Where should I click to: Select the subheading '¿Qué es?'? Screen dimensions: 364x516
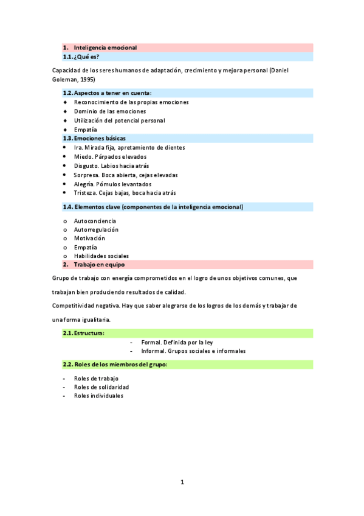pos(86,57)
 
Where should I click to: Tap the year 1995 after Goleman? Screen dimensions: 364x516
pos(87,80)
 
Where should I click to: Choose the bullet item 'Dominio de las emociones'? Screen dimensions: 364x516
pos(110,111)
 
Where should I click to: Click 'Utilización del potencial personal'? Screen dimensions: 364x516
pos(119,120)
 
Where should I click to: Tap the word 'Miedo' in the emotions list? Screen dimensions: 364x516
pos(83,156)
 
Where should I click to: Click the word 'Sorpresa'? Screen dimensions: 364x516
pos(86,175)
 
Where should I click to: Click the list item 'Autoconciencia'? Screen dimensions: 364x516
pos(95,221)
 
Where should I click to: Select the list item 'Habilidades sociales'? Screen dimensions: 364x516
pos(101,256)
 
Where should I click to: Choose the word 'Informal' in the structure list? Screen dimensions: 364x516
pos(153,351)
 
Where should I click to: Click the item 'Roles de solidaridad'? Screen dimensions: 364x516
pos(101,387)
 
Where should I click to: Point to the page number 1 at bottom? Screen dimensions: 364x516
pos(182,483)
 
